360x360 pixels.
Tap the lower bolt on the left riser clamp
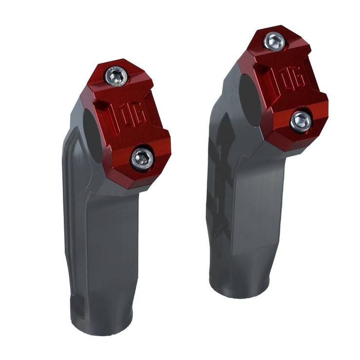[142, 158]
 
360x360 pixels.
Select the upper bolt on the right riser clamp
[274, 41]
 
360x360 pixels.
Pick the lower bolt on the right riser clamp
[300, 120]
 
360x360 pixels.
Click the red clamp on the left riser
[131, 122]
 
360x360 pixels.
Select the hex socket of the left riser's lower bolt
[142, 158]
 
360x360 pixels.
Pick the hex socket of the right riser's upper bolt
[274, 41]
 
